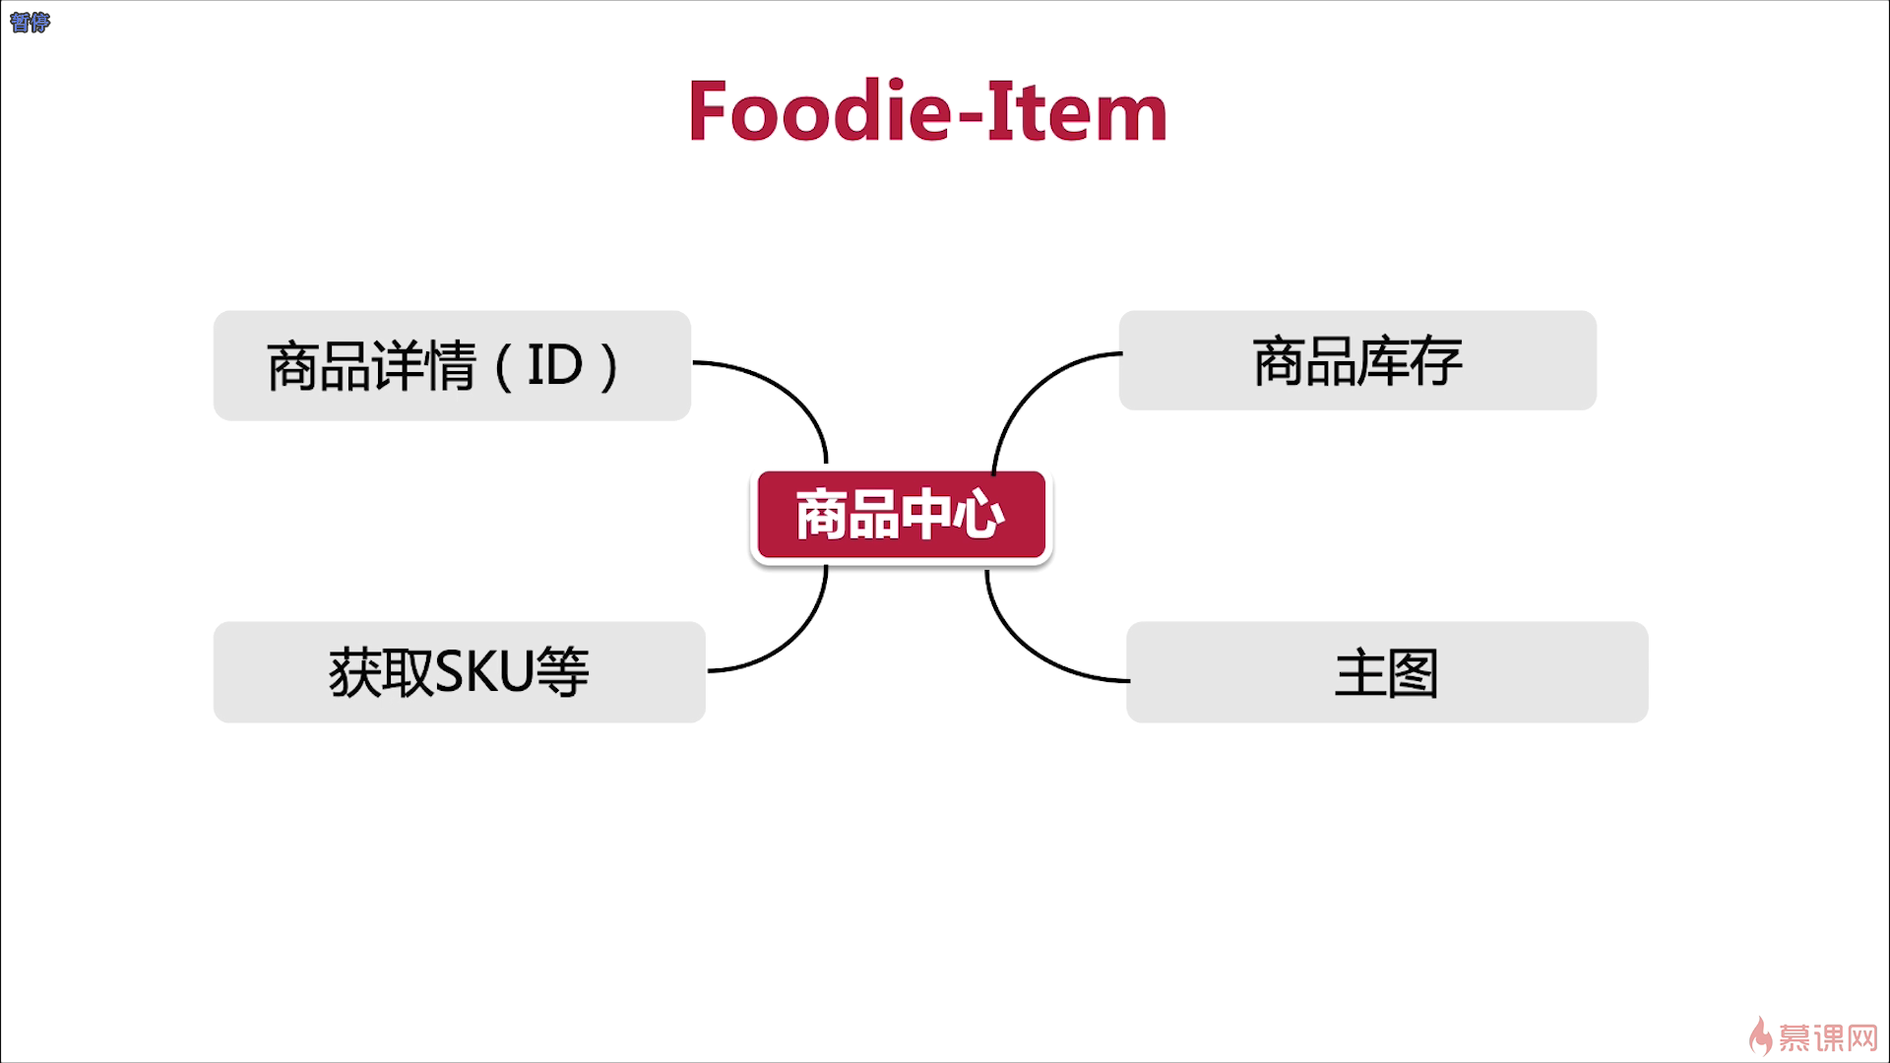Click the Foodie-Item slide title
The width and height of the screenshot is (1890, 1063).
[x=927, y=111]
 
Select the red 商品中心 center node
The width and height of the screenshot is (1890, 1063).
[x=901, y=515]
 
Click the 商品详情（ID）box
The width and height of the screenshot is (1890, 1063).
[x=452, y=365]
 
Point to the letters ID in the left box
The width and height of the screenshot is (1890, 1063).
[x=555, y=365]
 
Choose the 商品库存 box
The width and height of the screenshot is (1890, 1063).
[x=1357, y=360]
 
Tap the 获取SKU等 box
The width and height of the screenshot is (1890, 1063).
[x=459, y=672]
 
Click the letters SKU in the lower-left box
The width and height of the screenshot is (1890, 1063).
[x=483, y=672]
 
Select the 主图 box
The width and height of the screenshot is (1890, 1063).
[x=1386, y=672]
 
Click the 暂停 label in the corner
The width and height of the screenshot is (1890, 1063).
[x=30, y=22]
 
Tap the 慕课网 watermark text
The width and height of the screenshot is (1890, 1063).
[x=1828, y=1037]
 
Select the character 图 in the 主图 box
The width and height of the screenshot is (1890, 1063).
[x=1414, y=673]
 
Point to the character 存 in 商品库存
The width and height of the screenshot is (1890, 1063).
[x=1436, y=361]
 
